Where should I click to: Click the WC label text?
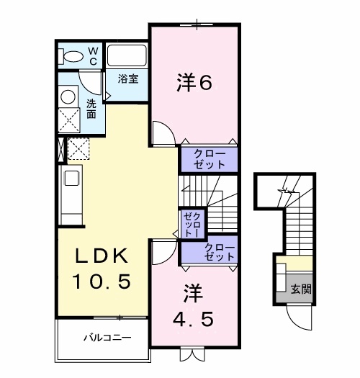coord(93,55)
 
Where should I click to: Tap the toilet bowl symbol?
coord(72,56)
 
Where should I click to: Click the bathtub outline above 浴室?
coord(127,56)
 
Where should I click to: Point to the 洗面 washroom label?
coord(91,108)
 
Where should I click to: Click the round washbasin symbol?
coord(69,96)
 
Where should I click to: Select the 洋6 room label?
coord(193,84)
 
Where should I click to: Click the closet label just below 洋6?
coord(209,159)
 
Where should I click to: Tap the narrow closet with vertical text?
coord(192,223)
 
